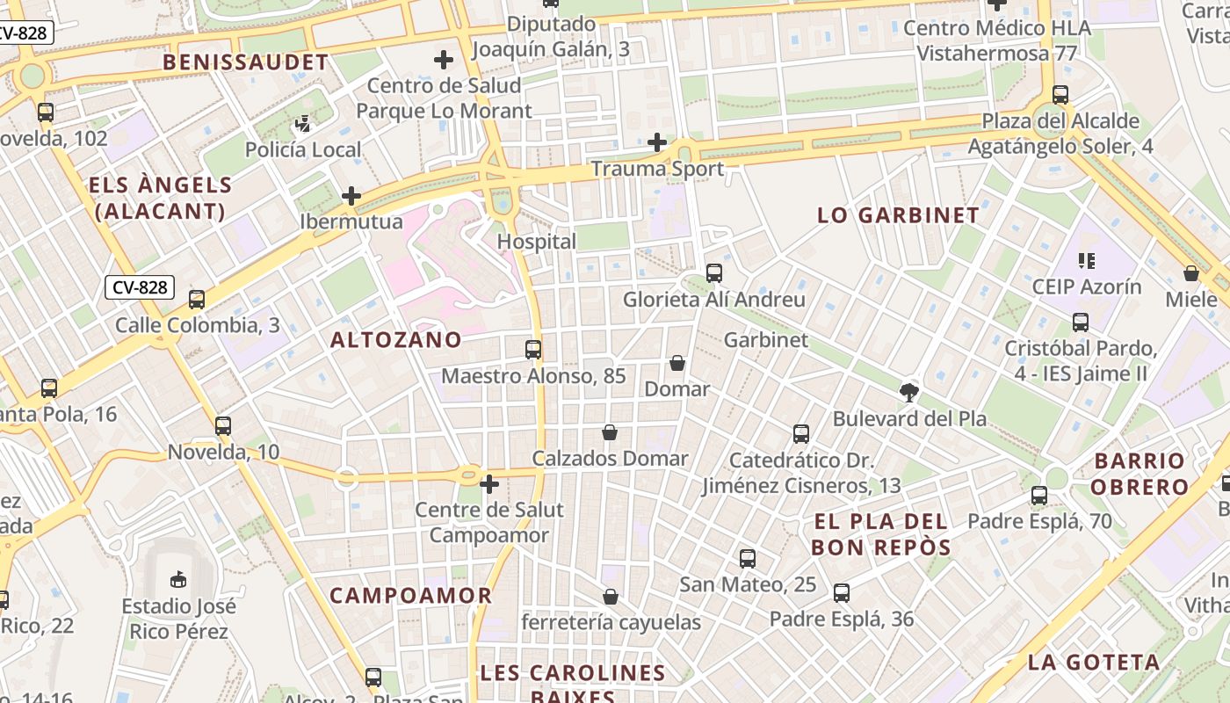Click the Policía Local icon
(303, 124)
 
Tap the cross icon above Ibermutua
(351, 195)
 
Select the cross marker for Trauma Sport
(657, 142)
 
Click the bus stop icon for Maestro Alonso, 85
(533, 350)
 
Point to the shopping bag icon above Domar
(677, 362)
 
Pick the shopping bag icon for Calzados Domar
(610, 432)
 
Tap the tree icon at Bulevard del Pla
(909, 393)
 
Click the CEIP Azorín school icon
(1087, 260)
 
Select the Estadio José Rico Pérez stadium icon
(178, 579)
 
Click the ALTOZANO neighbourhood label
(396, 340)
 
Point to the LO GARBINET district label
(898, 215)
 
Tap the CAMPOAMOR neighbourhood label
(410, 596)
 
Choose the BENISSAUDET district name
(245, 62)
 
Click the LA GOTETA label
(1094, 663)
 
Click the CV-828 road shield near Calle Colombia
(140, 287)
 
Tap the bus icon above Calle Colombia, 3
(197, 300)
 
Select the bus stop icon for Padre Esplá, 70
(1039, 496)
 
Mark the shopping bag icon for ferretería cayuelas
(611, 597)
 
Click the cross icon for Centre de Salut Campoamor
(489, 483)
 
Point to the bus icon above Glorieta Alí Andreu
(714, 273)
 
